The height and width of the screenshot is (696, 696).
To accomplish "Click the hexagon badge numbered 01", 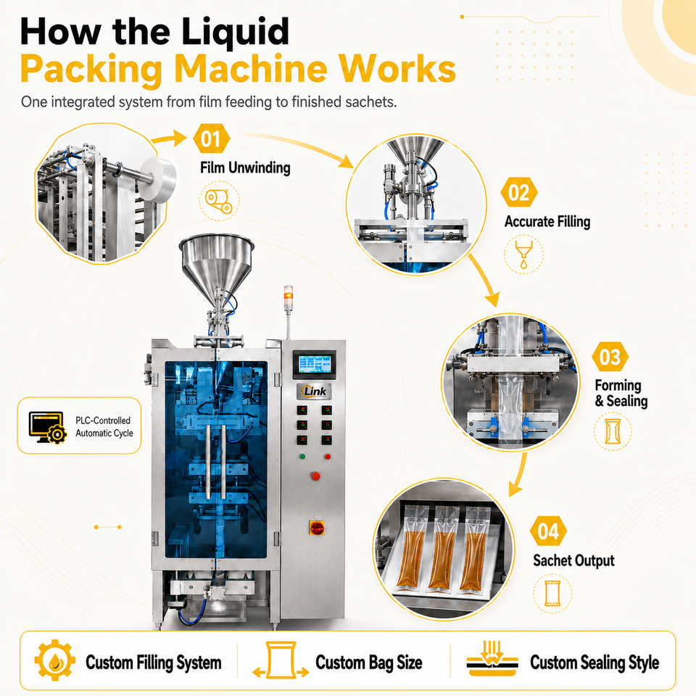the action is tap(211, 139).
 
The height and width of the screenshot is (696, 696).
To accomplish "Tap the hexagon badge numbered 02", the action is tap(519, 193).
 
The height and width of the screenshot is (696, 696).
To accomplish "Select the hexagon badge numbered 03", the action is tap(610, 357).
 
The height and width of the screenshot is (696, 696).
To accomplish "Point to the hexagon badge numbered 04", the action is tap(548, 531).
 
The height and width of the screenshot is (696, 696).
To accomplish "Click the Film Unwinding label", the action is tap(245, 167).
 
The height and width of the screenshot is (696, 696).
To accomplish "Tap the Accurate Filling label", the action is tap(547, 222).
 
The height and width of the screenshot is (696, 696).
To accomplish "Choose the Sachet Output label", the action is tap(573, 560).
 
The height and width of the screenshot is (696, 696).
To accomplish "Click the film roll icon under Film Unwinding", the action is tap(219, 201).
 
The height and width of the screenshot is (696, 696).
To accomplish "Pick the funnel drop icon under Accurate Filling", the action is tap(523, 254).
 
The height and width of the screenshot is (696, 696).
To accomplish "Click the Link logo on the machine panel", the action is tap(315, 391).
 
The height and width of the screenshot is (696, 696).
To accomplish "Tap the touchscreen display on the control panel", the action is tap(314, 365).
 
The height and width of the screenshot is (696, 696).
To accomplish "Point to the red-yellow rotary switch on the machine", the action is tap(316, 527).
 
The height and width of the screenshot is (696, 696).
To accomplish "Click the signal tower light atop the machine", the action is tap(289, 294).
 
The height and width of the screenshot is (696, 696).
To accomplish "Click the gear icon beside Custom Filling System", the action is tap(54, 660).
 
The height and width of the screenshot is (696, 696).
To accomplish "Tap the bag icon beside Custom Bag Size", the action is tap(281, 660).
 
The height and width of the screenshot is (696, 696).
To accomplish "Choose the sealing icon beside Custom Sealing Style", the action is tap(492, 658).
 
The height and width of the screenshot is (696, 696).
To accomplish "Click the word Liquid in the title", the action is tap(235, 32).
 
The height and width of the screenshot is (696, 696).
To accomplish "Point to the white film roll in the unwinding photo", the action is tap(157, 179).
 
